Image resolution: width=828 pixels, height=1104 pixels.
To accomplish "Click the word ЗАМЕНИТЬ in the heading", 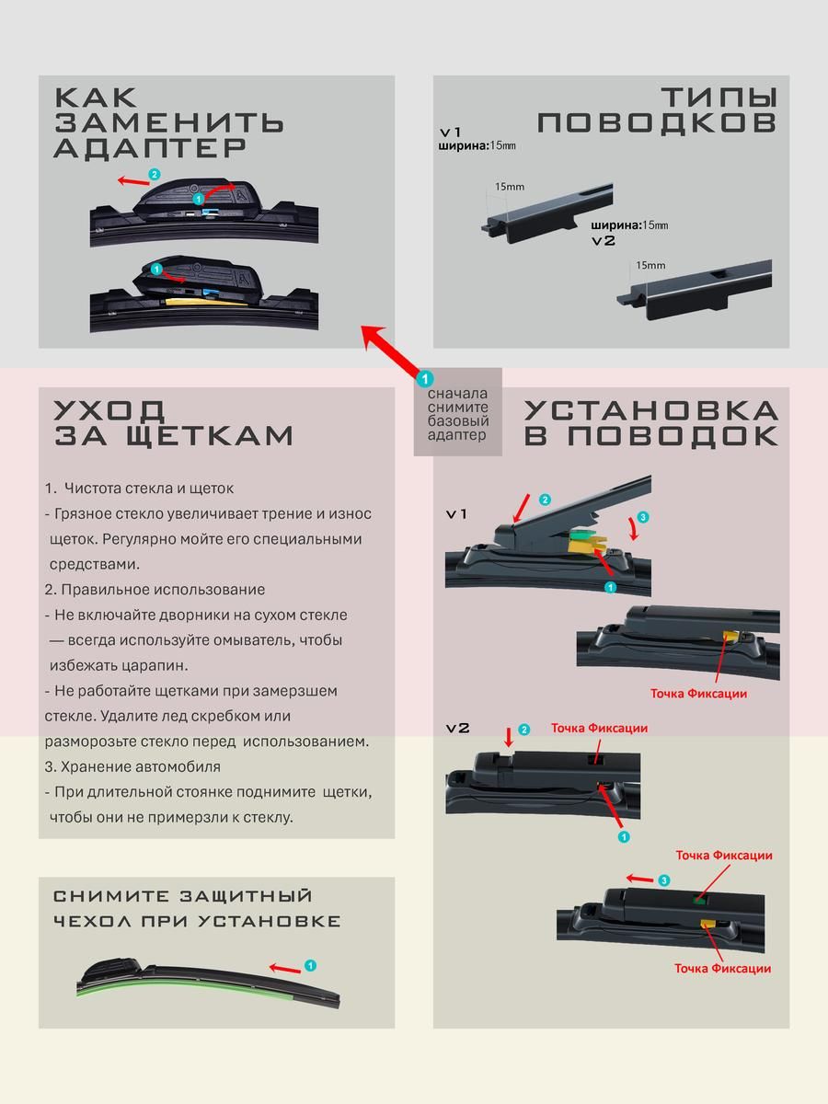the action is (169, 122).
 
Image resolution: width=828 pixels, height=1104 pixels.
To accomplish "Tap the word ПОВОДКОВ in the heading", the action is (657, 122).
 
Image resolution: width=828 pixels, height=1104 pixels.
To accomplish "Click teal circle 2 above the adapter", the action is (155, 175).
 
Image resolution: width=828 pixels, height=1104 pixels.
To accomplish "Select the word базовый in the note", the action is (458, 421).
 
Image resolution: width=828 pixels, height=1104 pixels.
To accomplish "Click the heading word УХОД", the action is (109, 410).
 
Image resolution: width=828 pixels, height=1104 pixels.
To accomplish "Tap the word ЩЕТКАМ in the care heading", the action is (209, 435).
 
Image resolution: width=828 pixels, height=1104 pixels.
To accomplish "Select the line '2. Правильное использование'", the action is (155, 590).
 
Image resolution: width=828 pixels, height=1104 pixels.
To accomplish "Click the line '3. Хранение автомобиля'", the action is (132, 766).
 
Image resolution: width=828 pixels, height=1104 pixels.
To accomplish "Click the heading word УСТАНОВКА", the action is (651, 410).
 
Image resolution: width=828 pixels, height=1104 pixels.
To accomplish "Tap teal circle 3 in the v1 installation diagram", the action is (642, 517).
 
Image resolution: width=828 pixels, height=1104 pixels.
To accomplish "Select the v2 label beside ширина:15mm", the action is (604, 241).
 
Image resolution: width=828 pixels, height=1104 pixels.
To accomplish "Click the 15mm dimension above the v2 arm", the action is (650, 265).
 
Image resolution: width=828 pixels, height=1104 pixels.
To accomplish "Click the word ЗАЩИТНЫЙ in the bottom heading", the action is (246, 896).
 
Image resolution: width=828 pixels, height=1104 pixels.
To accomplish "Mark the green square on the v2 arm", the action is (696, 897).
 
